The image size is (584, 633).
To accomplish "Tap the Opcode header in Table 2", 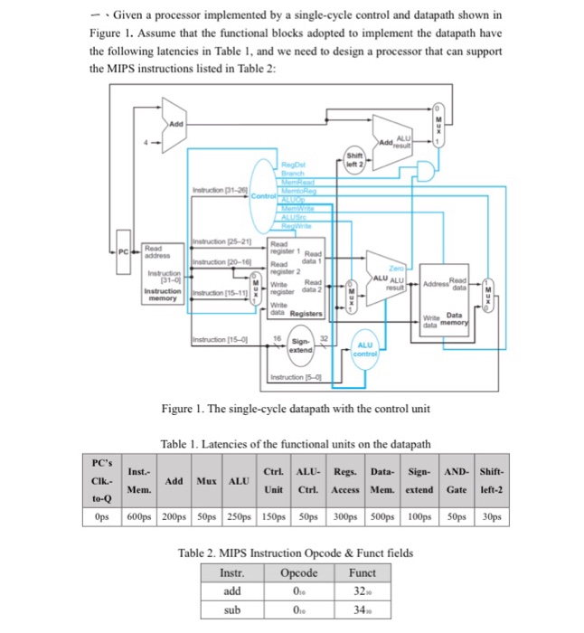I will [x=299, y=573].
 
